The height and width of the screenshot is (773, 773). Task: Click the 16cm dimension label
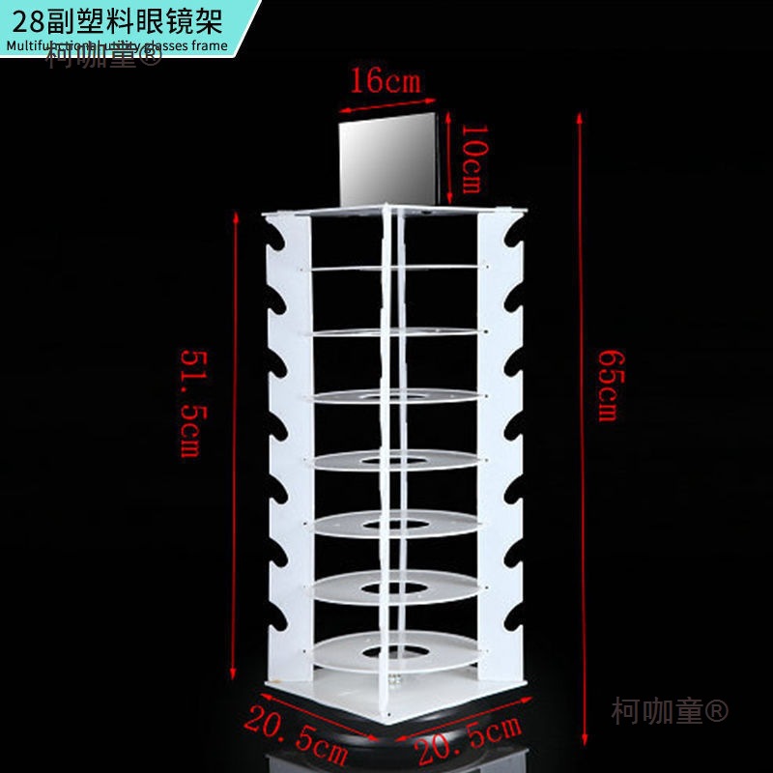click(x=385, y=80)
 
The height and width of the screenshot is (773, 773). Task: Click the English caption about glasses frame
click(x=116, y=44)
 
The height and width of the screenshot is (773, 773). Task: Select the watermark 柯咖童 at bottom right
click(x=670, y=711)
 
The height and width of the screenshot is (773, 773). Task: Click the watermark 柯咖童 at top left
click(x=104, y=57)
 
